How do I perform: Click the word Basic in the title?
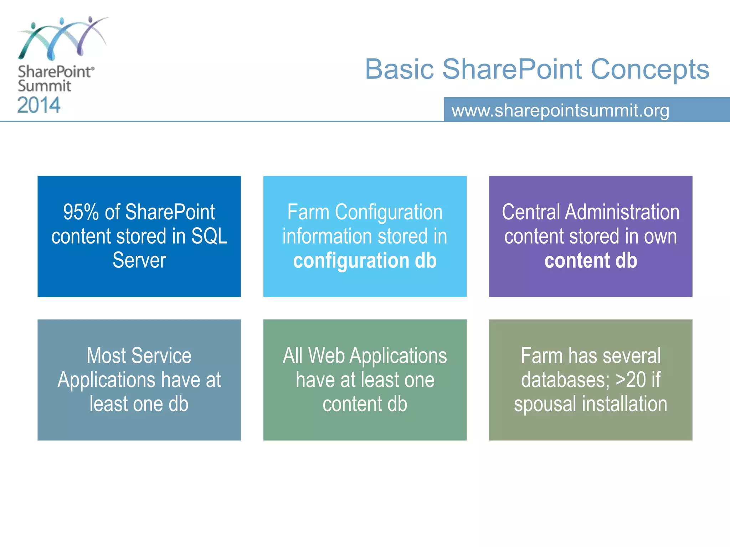[399, 69]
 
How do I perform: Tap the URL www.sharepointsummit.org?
[560, 110]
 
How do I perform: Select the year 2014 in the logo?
[39, 105]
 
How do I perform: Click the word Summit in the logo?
[45, 86]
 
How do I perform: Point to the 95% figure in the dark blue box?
[81, 212]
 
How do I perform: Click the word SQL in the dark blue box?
[209, 236]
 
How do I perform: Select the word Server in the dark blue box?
[139, 260]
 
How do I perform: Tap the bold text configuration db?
[365, 260]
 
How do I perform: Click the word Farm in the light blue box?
[308, 212]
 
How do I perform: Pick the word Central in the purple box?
[531, 212]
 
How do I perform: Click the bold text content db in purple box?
[591, 260]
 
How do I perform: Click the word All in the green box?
[293, 356]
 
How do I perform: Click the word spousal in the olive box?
[545, 404]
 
